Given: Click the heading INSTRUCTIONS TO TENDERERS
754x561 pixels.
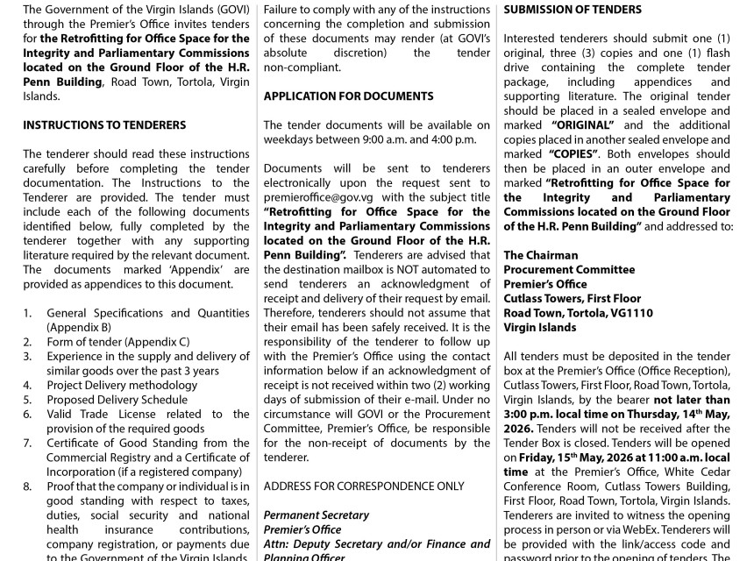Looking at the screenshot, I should pos(104,125).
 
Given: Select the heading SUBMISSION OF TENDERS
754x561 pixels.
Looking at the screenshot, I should pos(573,10).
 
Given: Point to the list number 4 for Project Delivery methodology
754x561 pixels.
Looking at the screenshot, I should pos(27,384).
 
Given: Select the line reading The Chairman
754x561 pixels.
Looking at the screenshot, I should pos(541,255).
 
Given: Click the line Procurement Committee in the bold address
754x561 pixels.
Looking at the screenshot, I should pos(569,269).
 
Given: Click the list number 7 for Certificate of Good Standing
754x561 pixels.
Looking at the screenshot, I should pos(27,442).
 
